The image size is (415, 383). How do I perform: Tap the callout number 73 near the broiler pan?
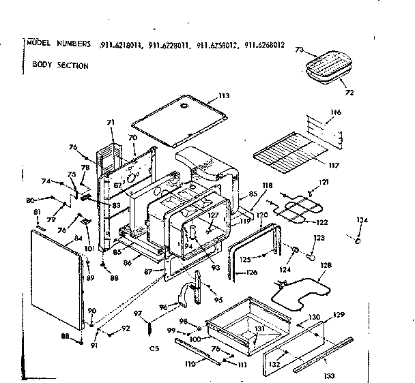pos(299,50)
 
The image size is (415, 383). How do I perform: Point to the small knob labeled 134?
pos(358,239)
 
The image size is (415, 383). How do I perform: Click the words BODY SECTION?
pos(60,66)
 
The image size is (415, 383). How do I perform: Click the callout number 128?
pos(326,265)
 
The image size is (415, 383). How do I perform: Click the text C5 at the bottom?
pos(154,350)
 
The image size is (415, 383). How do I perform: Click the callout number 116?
pos(335,112)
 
